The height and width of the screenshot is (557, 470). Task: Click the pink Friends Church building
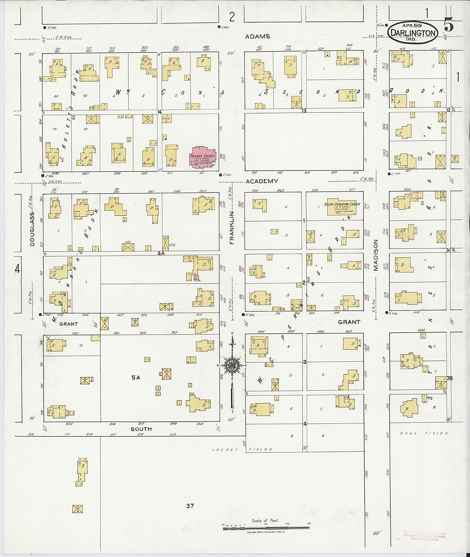(x=202, y=157)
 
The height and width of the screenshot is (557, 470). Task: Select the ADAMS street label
(x=258, y=36)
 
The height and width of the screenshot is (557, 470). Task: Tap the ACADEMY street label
(x=262, y=181)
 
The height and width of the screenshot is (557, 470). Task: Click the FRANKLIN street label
(x=232, y=228)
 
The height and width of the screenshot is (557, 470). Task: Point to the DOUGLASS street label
(x=32, y=229)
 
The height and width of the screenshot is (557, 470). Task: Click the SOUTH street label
(x=141, y=429)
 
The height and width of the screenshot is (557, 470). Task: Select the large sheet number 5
(x=449, y=26)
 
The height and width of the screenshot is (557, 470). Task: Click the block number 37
(x=190, y=506)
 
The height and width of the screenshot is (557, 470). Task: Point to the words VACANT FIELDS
(x=242, y=450)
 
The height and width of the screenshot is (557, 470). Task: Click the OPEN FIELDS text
(x=424, y=433)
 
